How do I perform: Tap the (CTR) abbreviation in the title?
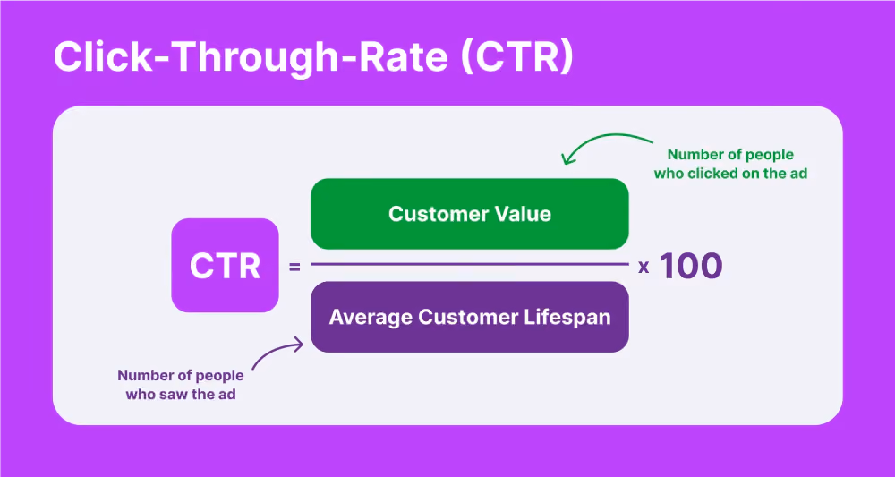click(516, 58)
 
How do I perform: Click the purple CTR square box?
click(225, 265)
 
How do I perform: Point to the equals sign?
click(294, 266)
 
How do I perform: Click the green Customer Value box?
click(470, 214)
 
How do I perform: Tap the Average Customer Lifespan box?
click(470, 317)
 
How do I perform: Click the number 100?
click(691, 266)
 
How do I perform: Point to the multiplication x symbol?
click(644, 267)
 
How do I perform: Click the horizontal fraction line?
click(470, 264)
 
